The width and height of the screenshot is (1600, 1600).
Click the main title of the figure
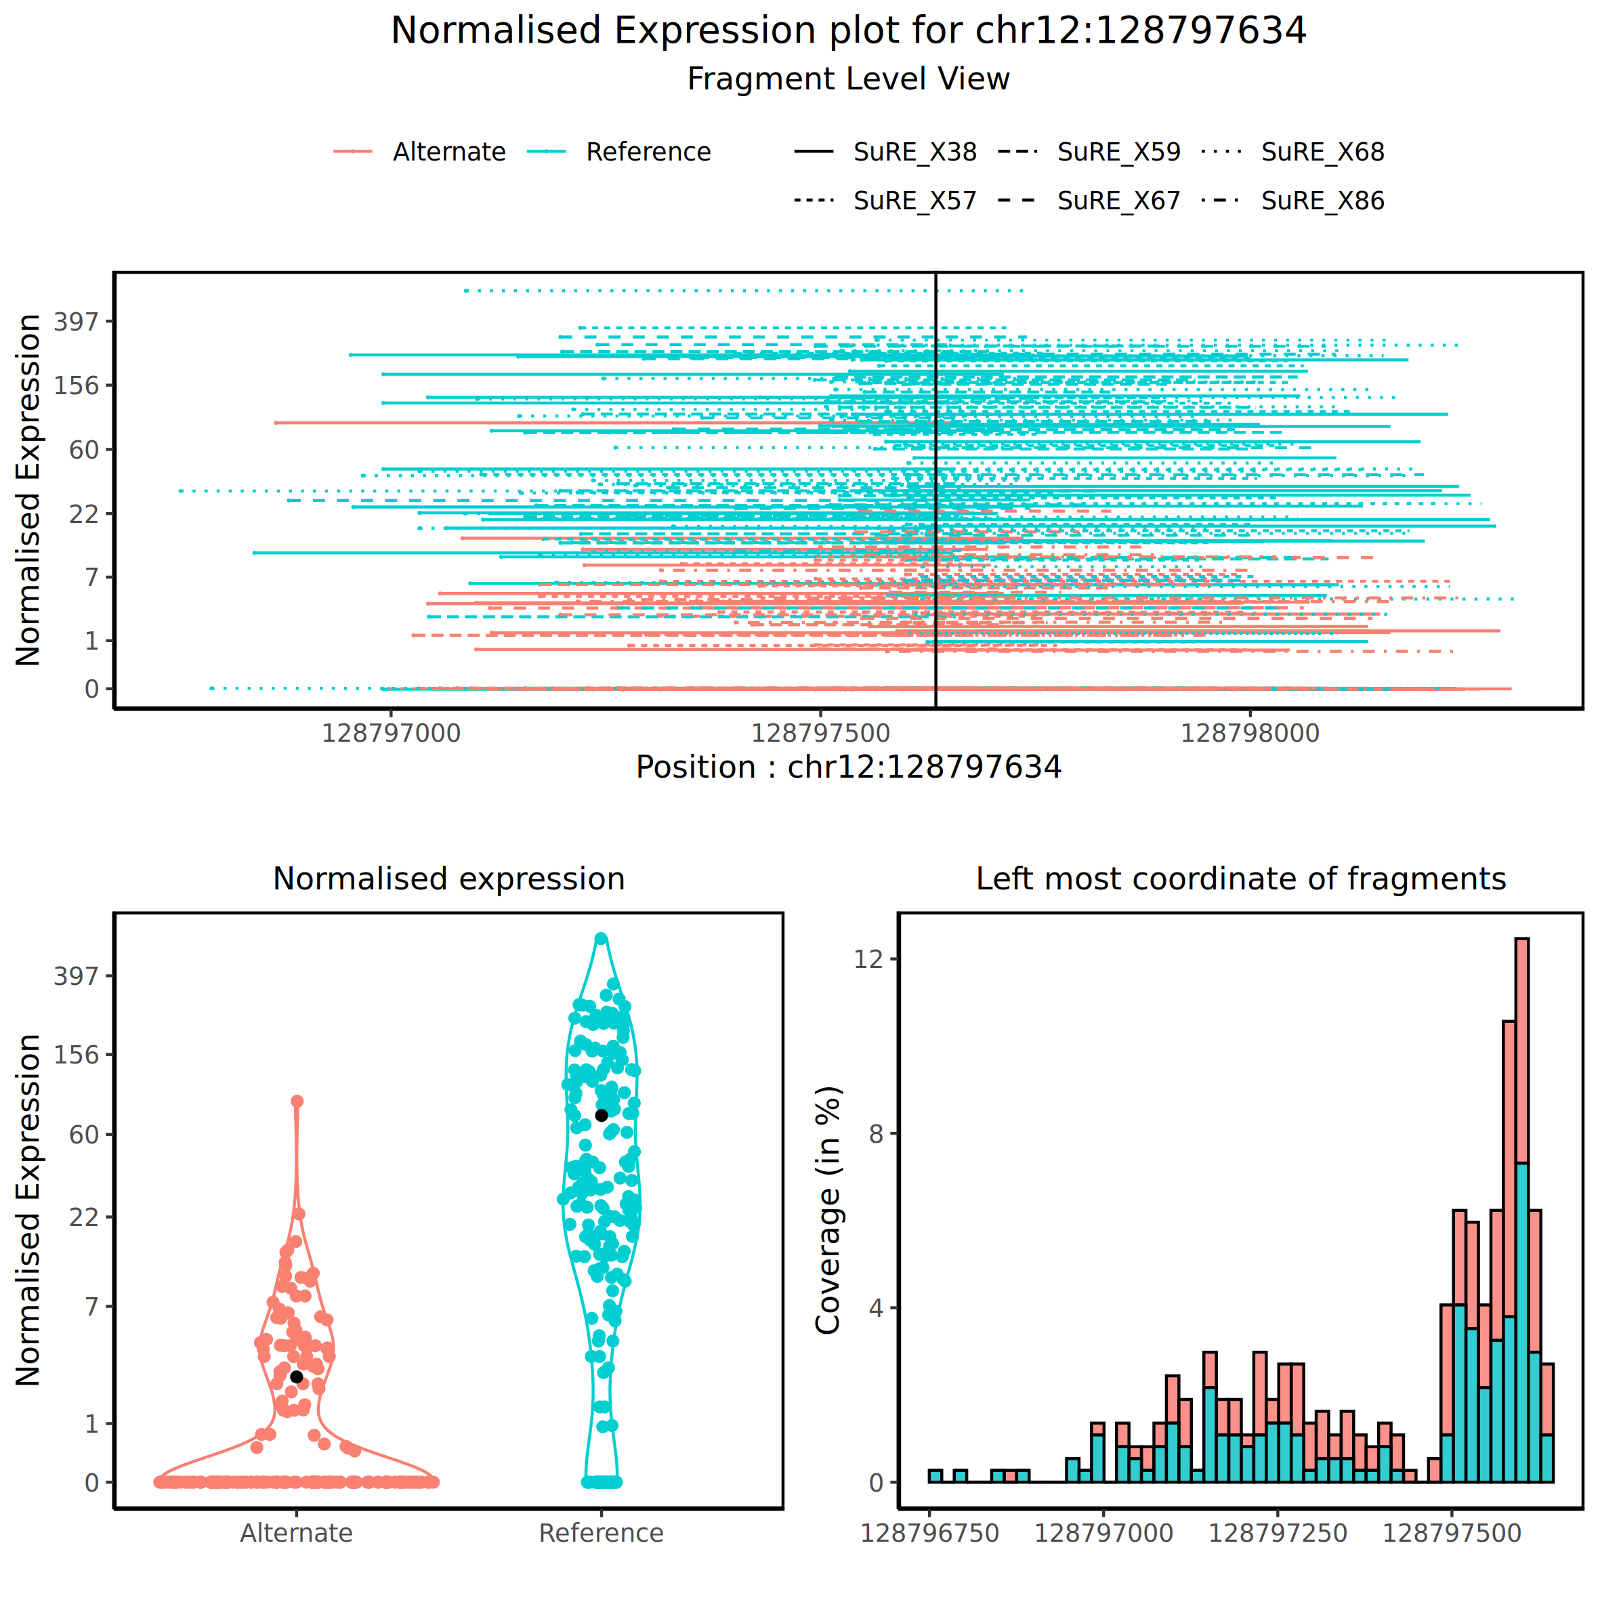coord(848,30)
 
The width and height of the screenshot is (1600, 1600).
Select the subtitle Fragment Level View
coord(848,79)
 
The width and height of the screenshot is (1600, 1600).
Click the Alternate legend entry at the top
coord(448,152)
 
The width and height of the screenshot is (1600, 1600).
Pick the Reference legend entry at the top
coord(648,152)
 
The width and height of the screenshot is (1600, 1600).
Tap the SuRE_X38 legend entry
coord(914,152)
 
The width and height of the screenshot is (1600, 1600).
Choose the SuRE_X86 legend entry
coord(1322,201)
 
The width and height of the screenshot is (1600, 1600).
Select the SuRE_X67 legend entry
coord(1118,201)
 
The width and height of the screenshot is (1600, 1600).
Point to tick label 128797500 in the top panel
coord(820,733)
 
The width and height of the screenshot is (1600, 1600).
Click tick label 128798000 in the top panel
coord(1250,733)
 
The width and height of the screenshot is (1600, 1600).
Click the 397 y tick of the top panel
coord(76,321)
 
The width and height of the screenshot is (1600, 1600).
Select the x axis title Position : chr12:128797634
coord(848,767)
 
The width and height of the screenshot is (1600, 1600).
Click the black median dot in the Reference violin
coord(602,1116)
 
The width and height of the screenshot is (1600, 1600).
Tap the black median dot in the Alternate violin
coord(297,1376)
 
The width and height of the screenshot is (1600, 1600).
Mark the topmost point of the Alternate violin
coord(297,1101)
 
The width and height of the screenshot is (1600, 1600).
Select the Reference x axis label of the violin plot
coord(602,1533)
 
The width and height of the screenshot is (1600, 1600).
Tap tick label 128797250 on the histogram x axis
coord(1277,1533)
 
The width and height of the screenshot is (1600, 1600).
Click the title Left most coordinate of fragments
coord(1240,879)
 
